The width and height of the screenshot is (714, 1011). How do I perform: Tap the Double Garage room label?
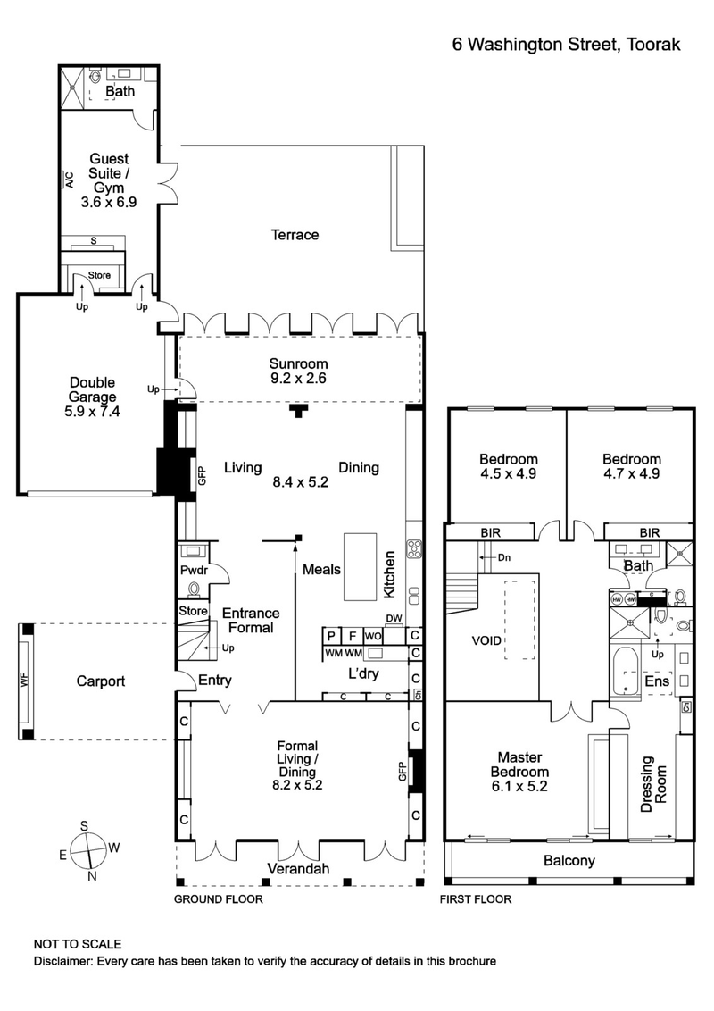point(92,397)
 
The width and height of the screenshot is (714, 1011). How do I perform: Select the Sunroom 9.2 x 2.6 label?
point(299,371)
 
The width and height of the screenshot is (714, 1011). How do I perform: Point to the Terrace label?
point(295,235)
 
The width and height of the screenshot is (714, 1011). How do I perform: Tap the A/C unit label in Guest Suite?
point(67,180)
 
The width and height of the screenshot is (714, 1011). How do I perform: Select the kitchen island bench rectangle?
point(361,567)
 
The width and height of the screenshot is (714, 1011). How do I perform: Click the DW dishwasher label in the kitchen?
point(394,619)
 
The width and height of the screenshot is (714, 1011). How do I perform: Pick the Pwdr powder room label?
point(194,569)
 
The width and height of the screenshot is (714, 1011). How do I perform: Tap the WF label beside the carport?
point(24,681)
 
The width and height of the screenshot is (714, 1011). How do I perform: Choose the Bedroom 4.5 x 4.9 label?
point(506,466)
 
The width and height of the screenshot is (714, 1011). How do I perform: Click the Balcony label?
point(569,861)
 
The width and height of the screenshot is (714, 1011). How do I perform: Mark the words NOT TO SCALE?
point(78,944)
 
